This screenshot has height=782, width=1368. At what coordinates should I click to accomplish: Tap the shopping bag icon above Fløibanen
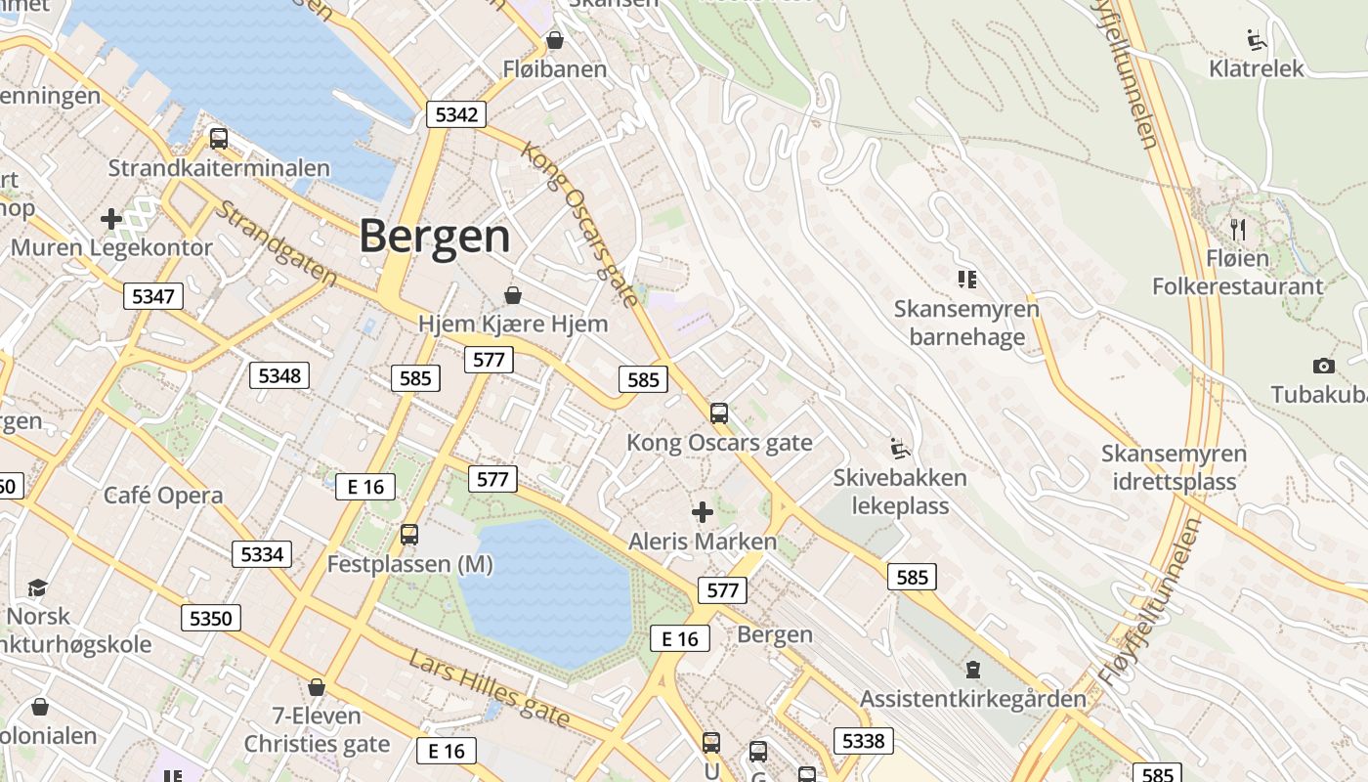pyautogui.click(x=555, y=40)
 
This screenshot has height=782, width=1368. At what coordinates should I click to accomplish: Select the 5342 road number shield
pyautogui.click(x=456, y=114)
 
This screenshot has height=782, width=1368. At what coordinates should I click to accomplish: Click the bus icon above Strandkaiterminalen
pyautogui.click(x=219, y=139)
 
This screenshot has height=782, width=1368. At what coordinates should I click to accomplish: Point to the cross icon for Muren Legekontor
pyautogui.click(x=111, y=219)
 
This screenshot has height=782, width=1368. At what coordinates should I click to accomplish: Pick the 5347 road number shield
pyautogui.click(x=153, y=296)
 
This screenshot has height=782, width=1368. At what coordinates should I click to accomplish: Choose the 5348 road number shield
pyautogui.click(x=279, y=375)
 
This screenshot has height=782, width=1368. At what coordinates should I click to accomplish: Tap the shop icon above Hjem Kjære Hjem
pyautogui.click(x=512, y=295)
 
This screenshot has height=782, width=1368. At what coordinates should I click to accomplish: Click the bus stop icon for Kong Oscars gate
pyautogui.click(x=719, y=413)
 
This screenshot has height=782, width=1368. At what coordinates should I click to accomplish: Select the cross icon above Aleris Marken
pyautogui.click(x=702, y=512)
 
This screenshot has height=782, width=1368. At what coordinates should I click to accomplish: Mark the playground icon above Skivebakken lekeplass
pyautogui.click(x=900, y=450)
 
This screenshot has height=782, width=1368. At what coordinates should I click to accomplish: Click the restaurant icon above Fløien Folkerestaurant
pyautogui.click(x=1237, y=230)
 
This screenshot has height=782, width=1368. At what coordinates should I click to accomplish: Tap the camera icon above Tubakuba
pyautogui.click(x=1324, y=367)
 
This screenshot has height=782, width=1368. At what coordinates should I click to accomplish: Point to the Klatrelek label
pyautogui.click(x=1257, y=68)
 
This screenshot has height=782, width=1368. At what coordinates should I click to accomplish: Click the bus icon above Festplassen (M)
pyautogui.click(x=409, y=535)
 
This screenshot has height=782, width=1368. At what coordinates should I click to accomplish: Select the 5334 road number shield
pyautogui.click(x=262, y=554)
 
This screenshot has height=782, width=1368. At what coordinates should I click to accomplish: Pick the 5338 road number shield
pyautogui.click(x=863, y=741)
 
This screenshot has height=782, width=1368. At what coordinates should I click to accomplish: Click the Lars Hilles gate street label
pyautogui.click(x=490, y=689)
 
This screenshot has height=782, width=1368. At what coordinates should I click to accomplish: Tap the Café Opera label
pyautogui.click(x=163, y=496)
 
